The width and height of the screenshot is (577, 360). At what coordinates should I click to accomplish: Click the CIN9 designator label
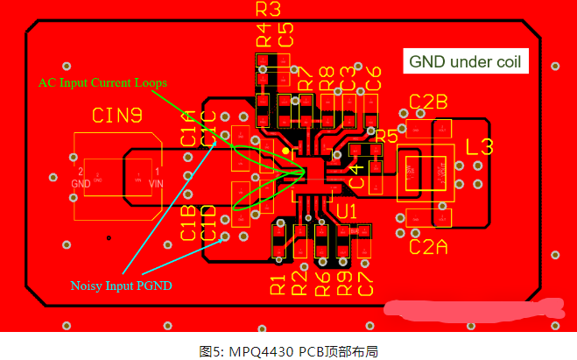(x=117, y=115)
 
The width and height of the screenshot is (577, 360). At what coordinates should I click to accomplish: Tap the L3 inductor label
(x=480, y=146)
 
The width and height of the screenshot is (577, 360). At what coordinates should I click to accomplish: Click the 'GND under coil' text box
(x=465, y=62)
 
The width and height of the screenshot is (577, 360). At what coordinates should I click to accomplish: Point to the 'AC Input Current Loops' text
(x=102, y=82)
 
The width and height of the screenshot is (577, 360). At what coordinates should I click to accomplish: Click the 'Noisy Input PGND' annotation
(x=121, y=286)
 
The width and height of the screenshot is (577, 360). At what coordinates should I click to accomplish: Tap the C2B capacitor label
(x=428, y=101)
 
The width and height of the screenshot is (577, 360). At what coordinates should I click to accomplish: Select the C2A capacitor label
(x=428, y=247)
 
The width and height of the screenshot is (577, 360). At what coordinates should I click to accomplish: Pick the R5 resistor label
(x=385, y=135)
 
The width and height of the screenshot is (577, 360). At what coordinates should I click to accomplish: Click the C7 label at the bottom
(x=366, y=284)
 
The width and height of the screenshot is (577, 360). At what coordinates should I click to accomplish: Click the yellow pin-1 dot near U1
(x=286, y=152)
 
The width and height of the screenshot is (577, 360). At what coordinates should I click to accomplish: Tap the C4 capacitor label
(x=356, y=175)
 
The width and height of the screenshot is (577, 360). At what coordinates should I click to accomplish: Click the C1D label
(x=208, y=222)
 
